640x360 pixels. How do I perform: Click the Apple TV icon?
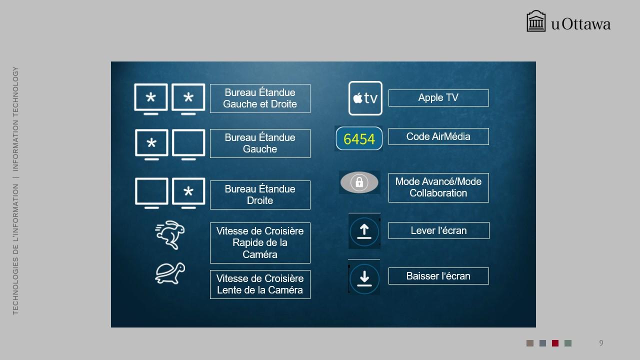tap(365, 98)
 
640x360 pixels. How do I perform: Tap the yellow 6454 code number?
tap(359, 139)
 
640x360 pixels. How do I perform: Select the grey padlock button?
tap(359, 182)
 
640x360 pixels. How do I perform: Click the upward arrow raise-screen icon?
tap(364, 231)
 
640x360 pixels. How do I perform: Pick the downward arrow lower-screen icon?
tap(364, 277)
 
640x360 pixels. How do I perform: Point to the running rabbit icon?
tap(170, 235)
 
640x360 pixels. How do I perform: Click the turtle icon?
tap(170, 273)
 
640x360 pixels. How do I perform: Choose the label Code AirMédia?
tap(438, 136)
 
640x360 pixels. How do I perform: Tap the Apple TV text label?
tap(438, 97)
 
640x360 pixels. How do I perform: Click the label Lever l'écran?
tap(438, 230)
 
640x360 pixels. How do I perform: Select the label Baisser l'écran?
tap(438, 276)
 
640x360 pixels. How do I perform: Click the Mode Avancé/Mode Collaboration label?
tap(438, 187)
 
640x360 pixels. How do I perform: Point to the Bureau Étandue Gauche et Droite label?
tap(260, 98)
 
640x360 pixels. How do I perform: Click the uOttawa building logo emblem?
tap(536, 21)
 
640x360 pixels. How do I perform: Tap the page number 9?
tap(601, 343)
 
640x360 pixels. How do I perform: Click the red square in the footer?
tap(555, 343)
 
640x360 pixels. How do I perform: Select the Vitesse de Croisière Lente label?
tap(260, 284)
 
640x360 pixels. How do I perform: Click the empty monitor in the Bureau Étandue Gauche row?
tap(188, 144)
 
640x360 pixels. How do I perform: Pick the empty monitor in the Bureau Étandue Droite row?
tap(151, 193)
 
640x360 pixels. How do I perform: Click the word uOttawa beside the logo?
tap(581, 24)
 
